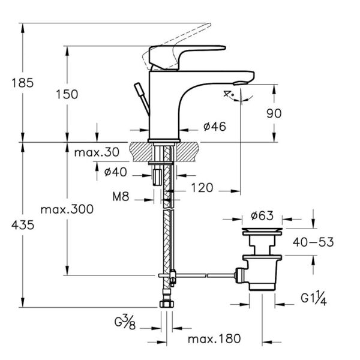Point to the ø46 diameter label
coord(214,127)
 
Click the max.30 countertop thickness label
coord(97,152)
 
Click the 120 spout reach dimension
coord(202,188)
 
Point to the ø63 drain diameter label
coord(263,216)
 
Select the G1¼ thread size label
coord(313,297)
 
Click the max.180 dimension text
coord(209,340)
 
